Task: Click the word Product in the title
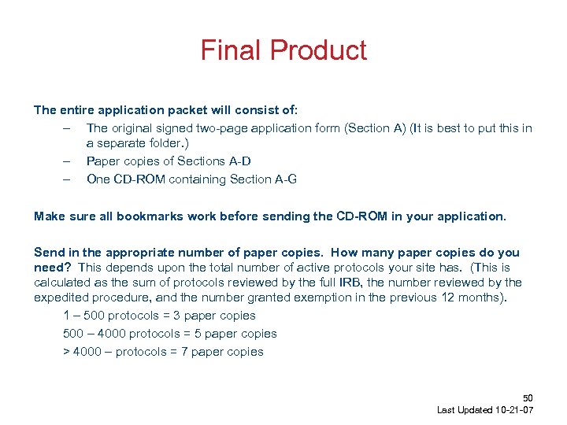318,50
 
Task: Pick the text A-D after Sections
239,161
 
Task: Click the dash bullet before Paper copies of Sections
69,161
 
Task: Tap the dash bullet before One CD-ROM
69,179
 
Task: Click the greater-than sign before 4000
66,352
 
